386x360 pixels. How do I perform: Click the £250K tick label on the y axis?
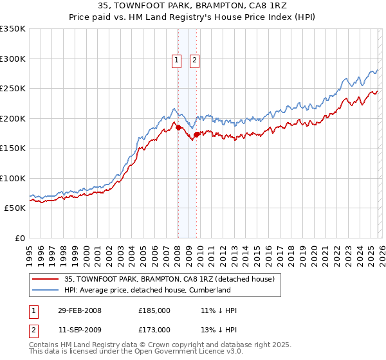(13, 89)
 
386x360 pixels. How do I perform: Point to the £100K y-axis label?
(13, 179)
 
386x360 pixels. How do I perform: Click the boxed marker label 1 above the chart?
(177, 61)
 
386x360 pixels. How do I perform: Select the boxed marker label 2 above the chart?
(194, 61)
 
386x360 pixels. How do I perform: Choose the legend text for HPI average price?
(147, 290)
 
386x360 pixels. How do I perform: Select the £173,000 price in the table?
(154, 329)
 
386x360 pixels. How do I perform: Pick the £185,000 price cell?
(154, 310)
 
